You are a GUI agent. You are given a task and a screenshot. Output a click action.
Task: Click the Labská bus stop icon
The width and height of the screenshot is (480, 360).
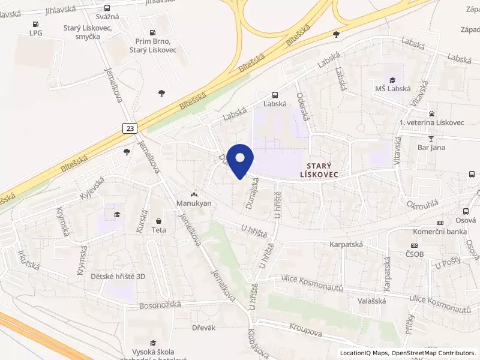click(x=275, y=95)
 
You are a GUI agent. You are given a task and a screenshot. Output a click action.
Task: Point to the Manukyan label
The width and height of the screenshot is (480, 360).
click(x=194, y=203)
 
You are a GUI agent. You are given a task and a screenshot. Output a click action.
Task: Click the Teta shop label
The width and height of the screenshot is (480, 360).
click(x=158, y=230)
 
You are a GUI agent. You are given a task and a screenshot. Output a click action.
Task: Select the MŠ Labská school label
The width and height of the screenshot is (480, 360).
click(x=393, y=88)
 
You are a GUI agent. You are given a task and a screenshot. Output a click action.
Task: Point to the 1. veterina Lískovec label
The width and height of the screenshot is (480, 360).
click(x=431, y=122)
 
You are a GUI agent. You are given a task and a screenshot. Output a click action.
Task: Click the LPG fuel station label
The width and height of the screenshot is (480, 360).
click(x=36, y=33)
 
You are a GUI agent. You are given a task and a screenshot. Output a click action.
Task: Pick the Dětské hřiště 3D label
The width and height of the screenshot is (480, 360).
click(x=118, y=277)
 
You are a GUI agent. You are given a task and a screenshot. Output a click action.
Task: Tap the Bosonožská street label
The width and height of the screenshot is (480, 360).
click(x=160, y=305)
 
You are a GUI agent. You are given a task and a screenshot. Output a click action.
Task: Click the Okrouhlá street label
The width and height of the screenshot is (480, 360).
click(x=423, y=203)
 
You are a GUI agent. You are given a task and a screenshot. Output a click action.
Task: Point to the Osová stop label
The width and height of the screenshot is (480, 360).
click(x=465, y=220)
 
